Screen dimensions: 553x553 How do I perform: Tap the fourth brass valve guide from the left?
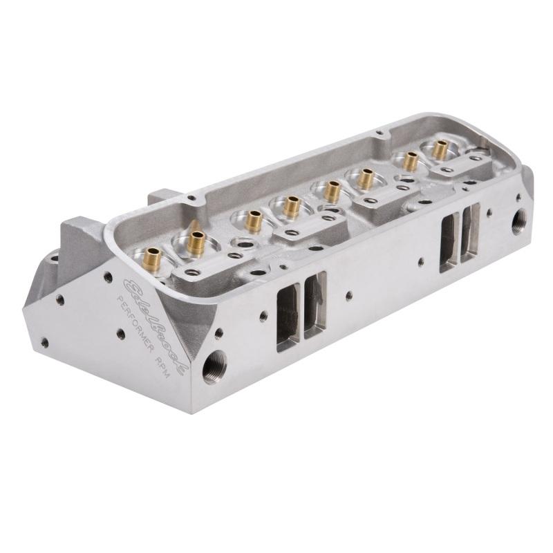[291, 205]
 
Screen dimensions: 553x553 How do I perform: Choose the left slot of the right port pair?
[449, 239]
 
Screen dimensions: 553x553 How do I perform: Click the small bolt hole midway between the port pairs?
[348, 295]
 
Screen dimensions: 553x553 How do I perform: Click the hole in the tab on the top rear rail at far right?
[378, 131]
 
